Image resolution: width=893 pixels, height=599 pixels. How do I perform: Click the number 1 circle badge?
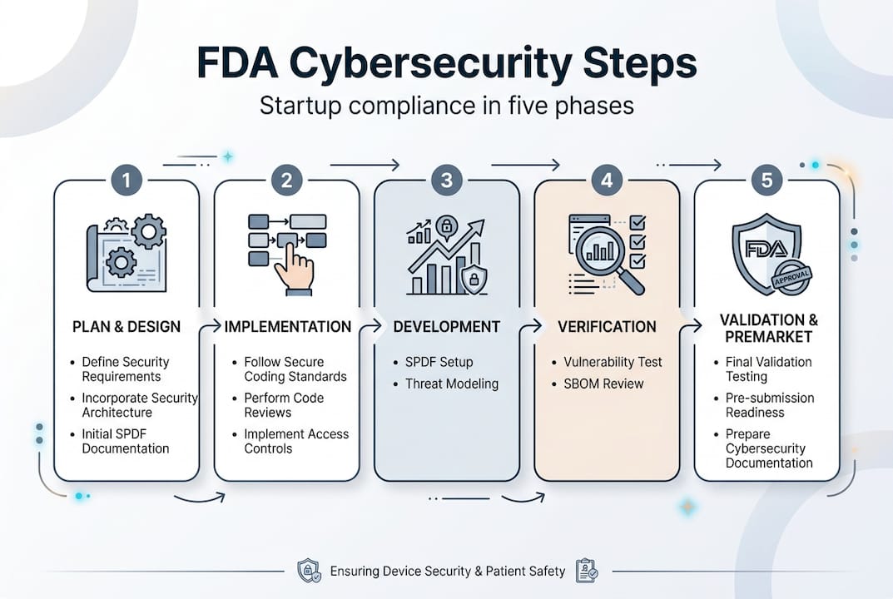(127, 180)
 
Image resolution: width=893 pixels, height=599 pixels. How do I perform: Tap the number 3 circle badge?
(446, 180)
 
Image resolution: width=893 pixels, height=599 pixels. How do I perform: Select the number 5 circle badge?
(766, 180)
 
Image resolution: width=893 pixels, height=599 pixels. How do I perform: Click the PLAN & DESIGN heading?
(127, 326)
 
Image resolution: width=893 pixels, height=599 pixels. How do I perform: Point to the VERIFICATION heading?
(607, 326)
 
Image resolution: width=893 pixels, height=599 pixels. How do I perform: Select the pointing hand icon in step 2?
(294, 270)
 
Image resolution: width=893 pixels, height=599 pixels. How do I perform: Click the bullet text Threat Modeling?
(451, 384)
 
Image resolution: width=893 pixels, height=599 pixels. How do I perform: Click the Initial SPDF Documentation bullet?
(125, 441)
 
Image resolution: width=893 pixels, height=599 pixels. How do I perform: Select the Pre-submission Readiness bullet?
(769, 405)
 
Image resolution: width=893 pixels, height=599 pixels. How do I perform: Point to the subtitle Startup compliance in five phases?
(446, 106)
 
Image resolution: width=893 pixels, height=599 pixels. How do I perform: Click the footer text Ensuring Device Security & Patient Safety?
(447, 572)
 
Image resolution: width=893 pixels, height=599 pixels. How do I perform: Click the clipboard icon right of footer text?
(586, 571)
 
